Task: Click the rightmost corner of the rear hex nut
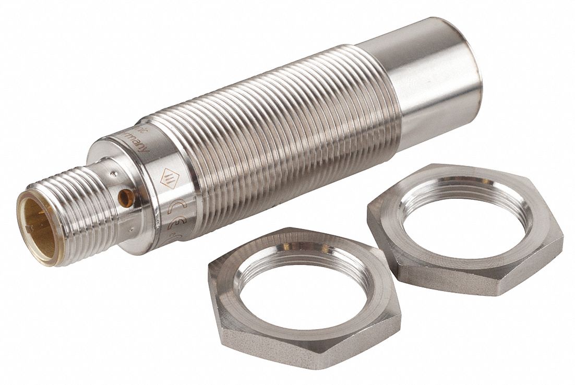coord(562,237)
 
